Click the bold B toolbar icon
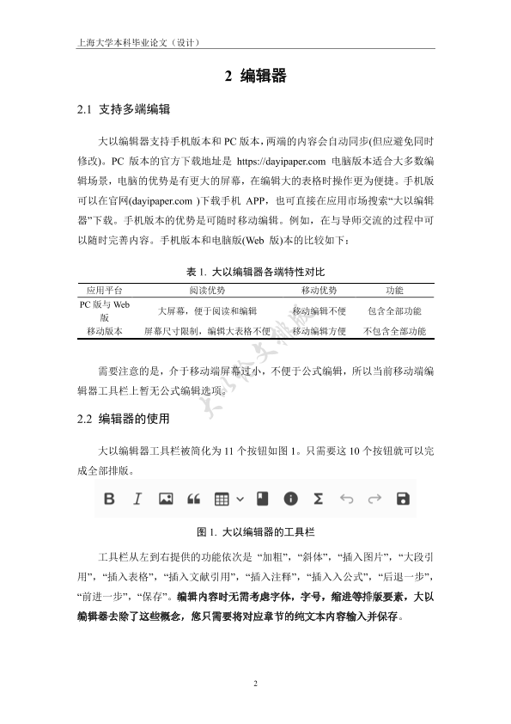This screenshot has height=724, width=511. tap(109, 499)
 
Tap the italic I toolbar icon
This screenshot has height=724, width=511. tap(137, 499)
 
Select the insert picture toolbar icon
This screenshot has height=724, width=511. tap(166, 499)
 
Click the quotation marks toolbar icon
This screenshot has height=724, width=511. tap(193, 499)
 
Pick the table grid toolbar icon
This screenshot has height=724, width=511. tap(222, 499)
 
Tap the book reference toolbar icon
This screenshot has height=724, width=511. tap(263, 499)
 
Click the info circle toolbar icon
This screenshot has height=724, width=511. tap(290, 499)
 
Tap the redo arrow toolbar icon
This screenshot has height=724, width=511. tap(374, 499)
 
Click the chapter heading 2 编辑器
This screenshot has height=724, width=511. tap(255, 77)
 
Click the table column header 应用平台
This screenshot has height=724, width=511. tap(105, 291)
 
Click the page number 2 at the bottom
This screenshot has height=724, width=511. tap(255, 684)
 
